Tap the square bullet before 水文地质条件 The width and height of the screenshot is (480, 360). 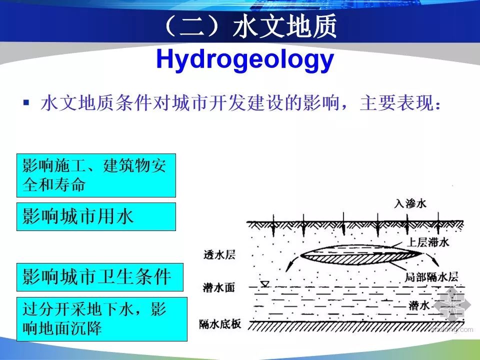(26, 102)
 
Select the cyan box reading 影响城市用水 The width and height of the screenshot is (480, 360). (96, 216)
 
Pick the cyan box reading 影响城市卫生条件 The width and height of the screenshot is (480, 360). (100, 277)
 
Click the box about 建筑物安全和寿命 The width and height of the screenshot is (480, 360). (96, 175)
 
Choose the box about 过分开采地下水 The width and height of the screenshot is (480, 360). (102, 319)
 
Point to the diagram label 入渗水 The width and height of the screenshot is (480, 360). (410, 203)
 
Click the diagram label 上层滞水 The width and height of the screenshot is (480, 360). (427, 242)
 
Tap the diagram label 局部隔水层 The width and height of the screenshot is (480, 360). (431, 277)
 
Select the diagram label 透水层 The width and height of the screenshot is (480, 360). (219, 254)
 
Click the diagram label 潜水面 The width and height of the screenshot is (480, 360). (219, 287)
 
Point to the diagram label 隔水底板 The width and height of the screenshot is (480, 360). (220, 324)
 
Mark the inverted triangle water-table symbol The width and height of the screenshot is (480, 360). (265, 284)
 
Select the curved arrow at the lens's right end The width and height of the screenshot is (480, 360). (431, 259)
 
